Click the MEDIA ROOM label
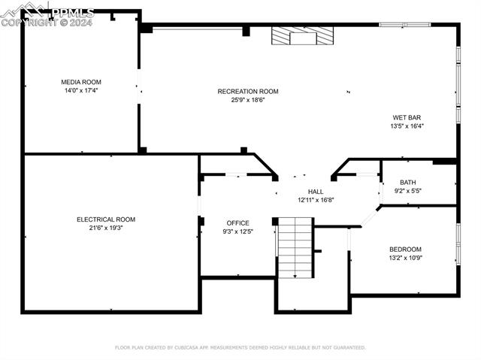tap(81, 82)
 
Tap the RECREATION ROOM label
tap(248, 92)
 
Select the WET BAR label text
tap(407, 117)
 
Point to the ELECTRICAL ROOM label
tap(106, 219)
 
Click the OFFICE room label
tap(237, 223)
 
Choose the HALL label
tap(316, 192)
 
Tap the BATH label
tap(407, 183)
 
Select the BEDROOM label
tap(405, 250)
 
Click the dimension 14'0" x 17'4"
tap(81, 90)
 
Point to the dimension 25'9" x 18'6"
tap(248, 100)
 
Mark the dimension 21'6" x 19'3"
tap(106, 228)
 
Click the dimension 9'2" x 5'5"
tap(407, 191)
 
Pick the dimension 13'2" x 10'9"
tap(406, 258)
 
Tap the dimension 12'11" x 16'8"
tap(316, 200)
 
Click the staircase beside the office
tap(295, 248)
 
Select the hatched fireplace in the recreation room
tap(302, 35)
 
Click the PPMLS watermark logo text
tap(73, 13)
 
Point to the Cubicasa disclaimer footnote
tap(240, 347)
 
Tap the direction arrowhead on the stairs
tap(295, 277)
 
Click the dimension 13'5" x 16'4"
tap(407, 126)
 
